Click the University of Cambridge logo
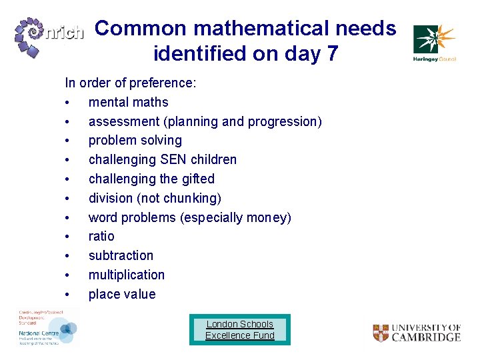(417, 333)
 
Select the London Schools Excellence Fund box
(240, 329)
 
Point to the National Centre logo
(47, 327)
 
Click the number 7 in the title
(331, 53)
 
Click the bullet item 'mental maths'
(128, 102)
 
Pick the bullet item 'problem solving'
(135, 141)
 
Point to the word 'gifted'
(198, 179)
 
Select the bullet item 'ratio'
(101, 236)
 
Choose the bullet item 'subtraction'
(121, 255)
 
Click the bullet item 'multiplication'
(127, 275)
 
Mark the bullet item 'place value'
(122, 294)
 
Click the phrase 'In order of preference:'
(130, 83)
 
